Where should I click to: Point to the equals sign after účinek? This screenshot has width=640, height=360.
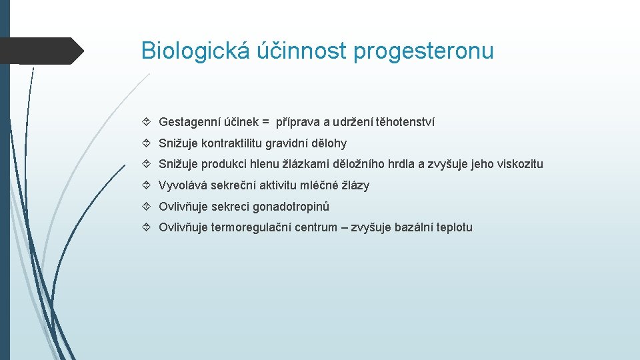click(x=265, y=122)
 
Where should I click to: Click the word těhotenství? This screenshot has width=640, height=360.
click(x=405, y=122)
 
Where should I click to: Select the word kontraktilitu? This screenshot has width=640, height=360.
click(x=232, y=143)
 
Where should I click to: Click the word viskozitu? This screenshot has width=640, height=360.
click(x=520, y=164)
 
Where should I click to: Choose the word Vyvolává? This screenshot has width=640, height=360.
click(x=179, y=185)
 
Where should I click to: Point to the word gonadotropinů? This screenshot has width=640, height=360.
click(x=291, y=207)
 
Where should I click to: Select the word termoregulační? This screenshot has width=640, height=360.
click(x=255, y=227)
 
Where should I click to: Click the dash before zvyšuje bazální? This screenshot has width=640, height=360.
click(x=344, y=227)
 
